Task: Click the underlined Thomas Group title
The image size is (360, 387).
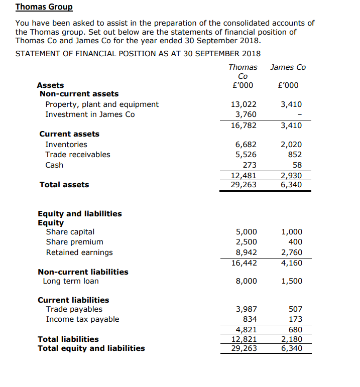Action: coord(44,7)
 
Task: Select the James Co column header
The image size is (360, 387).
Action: coord(288,67)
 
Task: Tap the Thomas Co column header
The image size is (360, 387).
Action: coord(243,71)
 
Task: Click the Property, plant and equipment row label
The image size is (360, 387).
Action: coord(102,104)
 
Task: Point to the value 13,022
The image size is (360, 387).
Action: coord(244,104)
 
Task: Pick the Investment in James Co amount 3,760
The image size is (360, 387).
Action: coord(246,114)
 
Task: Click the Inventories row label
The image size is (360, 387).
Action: coord(66,145)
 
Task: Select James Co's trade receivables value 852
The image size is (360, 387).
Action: coord(294,155)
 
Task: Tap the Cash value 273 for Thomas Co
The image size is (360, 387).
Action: coord(250,165)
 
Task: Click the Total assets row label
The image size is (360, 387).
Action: coord(64,185)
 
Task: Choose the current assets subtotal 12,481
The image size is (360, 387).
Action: coord(244,176)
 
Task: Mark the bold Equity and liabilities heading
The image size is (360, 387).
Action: coord(80,214)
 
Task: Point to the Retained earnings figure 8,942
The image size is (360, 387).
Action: coord(246,252)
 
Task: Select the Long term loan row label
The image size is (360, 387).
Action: coord(71,281)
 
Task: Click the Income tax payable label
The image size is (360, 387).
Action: coord(83,319)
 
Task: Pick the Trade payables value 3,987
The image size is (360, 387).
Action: coord(246,309)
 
